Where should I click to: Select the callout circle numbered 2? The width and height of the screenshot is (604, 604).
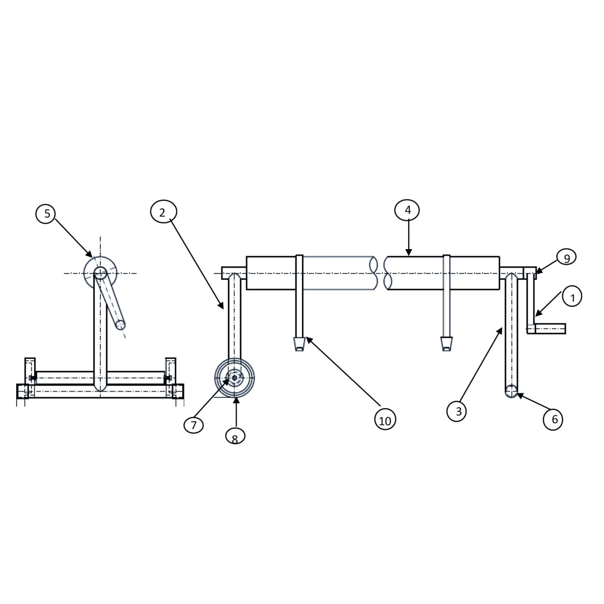162,212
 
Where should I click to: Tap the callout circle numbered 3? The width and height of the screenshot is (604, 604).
458,411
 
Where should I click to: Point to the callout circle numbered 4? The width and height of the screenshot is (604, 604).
408,210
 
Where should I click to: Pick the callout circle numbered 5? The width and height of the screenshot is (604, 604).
47,213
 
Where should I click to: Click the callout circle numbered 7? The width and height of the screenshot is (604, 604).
194,424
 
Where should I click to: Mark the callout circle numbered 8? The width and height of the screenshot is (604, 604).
235,436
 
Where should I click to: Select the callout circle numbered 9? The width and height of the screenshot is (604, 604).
566,258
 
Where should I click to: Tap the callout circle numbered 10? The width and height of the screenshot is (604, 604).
385,420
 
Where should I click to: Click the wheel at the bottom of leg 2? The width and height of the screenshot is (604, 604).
235,377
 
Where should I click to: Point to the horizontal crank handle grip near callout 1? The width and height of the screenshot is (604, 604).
550,329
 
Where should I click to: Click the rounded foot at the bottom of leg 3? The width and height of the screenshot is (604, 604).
511,391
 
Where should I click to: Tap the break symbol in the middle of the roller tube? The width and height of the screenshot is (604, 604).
381,273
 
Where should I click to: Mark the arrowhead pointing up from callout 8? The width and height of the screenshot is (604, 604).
235,401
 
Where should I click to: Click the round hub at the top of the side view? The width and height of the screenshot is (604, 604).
100,273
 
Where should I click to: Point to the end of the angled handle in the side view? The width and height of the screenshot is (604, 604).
120,325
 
